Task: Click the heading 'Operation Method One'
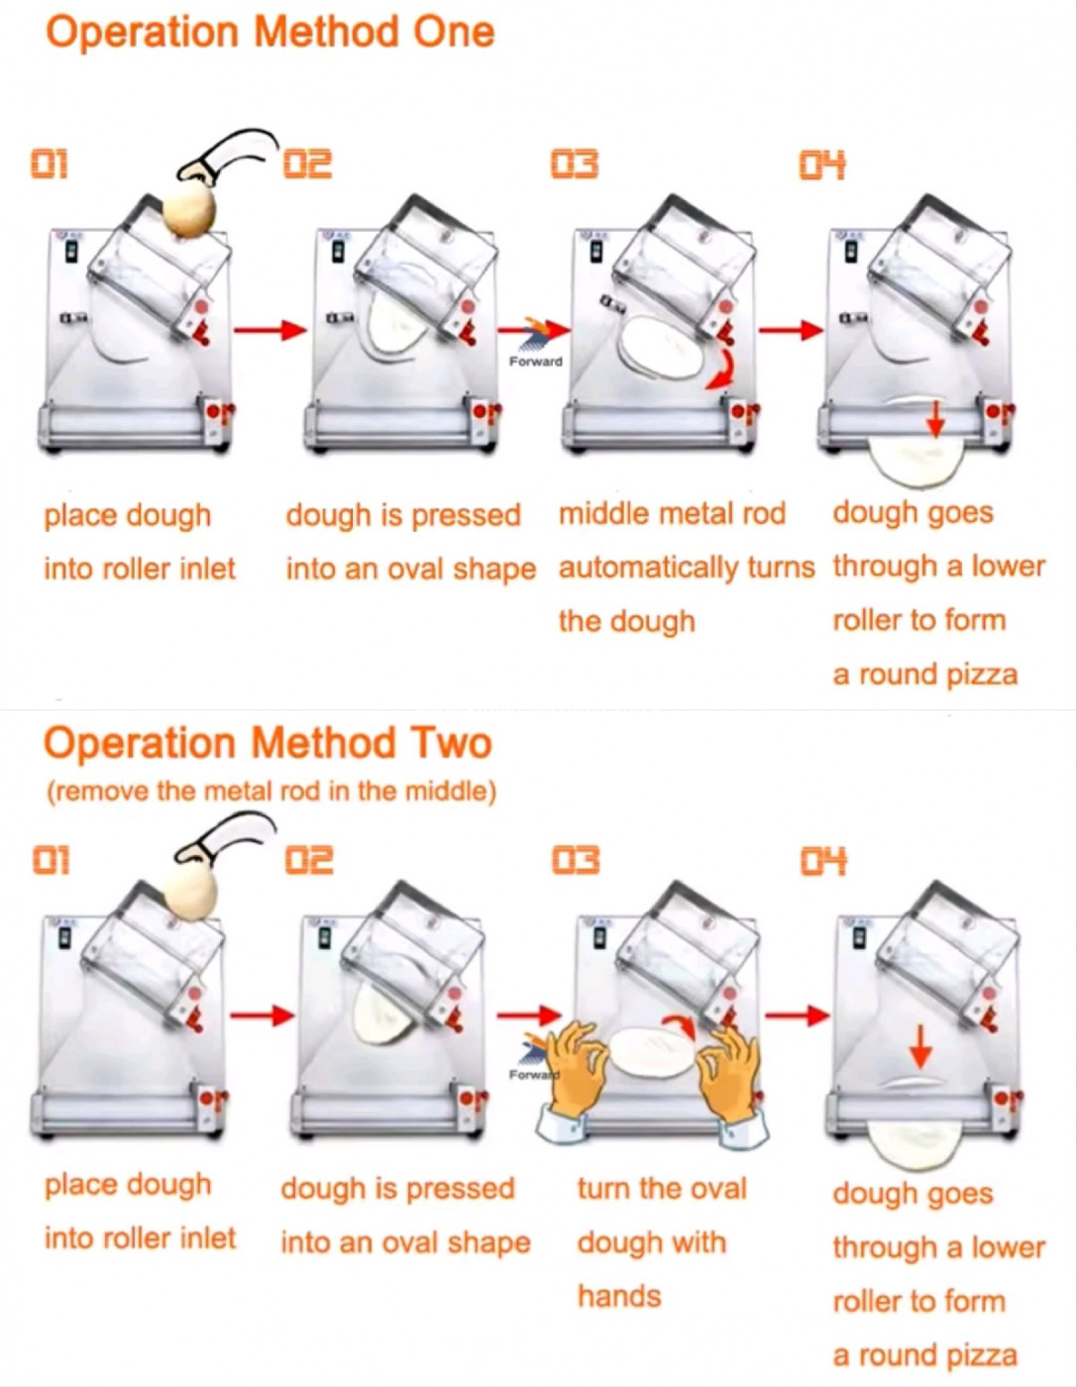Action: [269, 33]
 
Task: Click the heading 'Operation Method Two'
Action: [268, 743]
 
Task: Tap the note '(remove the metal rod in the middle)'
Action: [271, 792]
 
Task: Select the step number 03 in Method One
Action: [575, 164]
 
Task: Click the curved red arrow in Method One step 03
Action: [723, 371]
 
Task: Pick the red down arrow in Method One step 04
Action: [936, 421]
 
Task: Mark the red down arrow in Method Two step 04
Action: [918, 1050]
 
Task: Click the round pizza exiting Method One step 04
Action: [916, 461]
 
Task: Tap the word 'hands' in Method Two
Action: [619, 1297]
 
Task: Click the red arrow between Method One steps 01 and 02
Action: [270, 330]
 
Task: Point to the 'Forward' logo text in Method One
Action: [536, 362]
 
